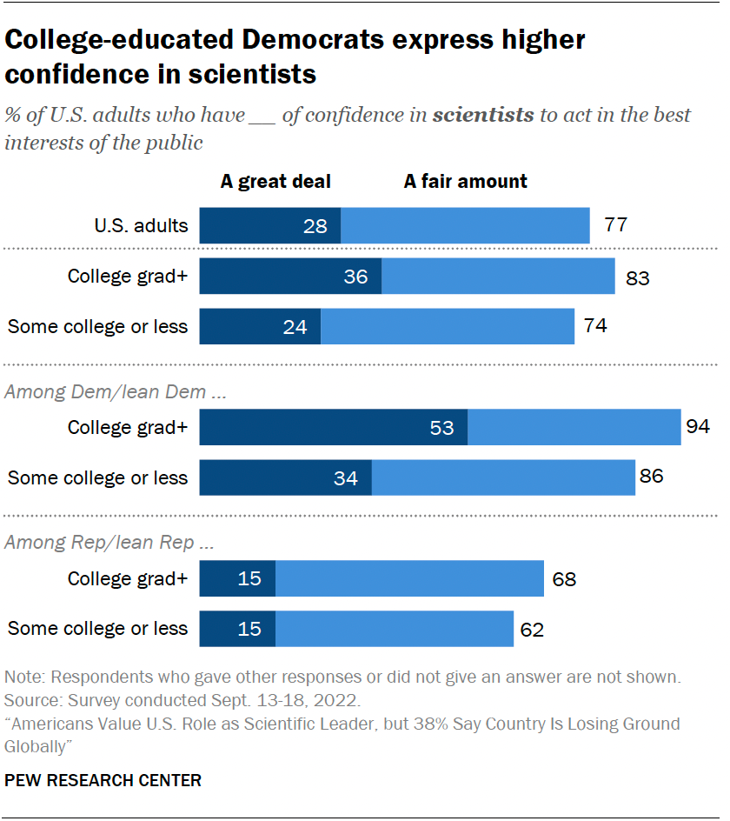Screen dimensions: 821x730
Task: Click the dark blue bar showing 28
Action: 270,226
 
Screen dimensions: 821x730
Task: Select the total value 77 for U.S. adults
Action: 615,226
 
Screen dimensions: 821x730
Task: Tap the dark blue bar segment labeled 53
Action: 334,427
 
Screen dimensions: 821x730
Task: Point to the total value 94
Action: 698,427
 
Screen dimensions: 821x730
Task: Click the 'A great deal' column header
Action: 275,182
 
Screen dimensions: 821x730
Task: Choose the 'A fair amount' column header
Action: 466,182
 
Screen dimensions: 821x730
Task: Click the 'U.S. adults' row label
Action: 141,226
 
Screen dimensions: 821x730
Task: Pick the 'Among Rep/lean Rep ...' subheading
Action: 109,544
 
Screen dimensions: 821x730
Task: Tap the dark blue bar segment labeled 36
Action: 290,277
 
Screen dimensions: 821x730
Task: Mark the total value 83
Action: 638,278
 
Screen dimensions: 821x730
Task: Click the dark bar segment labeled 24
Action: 260,327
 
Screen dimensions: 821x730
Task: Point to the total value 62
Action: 532,630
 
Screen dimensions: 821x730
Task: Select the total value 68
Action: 564,579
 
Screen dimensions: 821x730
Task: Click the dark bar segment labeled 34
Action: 286,477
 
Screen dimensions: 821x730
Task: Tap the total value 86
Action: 652,477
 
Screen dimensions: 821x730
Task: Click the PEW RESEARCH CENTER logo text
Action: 103,780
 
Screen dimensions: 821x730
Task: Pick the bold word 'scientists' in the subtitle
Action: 483,115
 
